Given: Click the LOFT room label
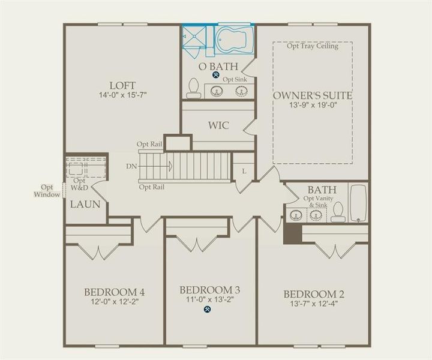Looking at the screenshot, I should (x=122, y=85).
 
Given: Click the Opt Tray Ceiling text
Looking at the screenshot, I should (x=312, y=46).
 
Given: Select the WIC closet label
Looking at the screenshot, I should (x=220, y=127).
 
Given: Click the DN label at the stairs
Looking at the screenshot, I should (x=132, y=166).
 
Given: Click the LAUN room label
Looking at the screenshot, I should (x=84, y=204).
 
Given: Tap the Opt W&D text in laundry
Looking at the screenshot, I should (x=80, y=183).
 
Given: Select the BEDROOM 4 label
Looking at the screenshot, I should (x=114, y=293).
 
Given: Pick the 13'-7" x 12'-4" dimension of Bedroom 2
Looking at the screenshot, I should (x=313, y=304).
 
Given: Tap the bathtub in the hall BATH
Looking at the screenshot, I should (x=358, y=204).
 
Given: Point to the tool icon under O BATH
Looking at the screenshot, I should (x=215, y=76).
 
